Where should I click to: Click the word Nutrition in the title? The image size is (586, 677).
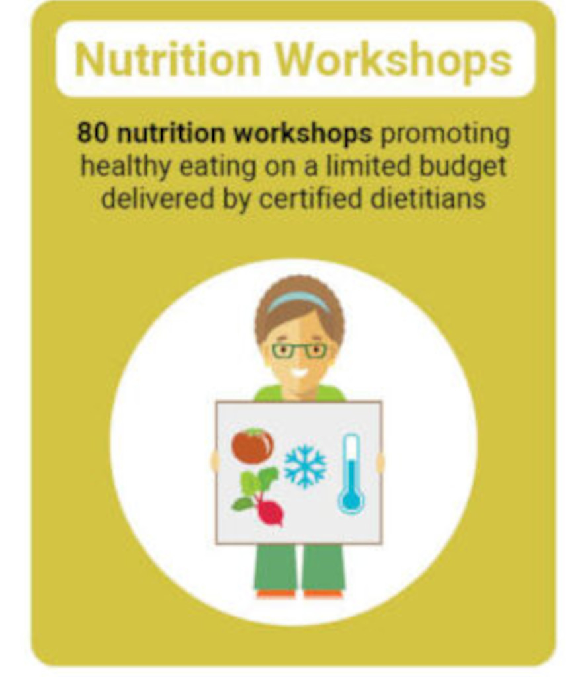[x=167, y=59]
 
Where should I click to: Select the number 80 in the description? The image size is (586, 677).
[x=92, y=133]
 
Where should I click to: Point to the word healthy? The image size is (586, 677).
[x=125, y=167]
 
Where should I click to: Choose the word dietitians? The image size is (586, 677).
[x=428, y=199]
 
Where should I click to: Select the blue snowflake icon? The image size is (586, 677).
[x=305, y=466]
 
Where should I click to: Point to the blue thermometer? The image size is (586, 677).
[x=351, y=474]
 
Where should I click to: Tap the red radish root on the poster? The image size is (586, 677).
[x=271, y=513]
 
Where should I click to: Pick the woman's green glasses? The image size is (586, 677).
[x=299, y=350]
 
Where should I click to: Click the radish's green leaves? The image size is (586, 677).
[x=255, y=488]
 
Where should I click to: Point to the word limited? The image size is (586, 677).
[x=368, y=166]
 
